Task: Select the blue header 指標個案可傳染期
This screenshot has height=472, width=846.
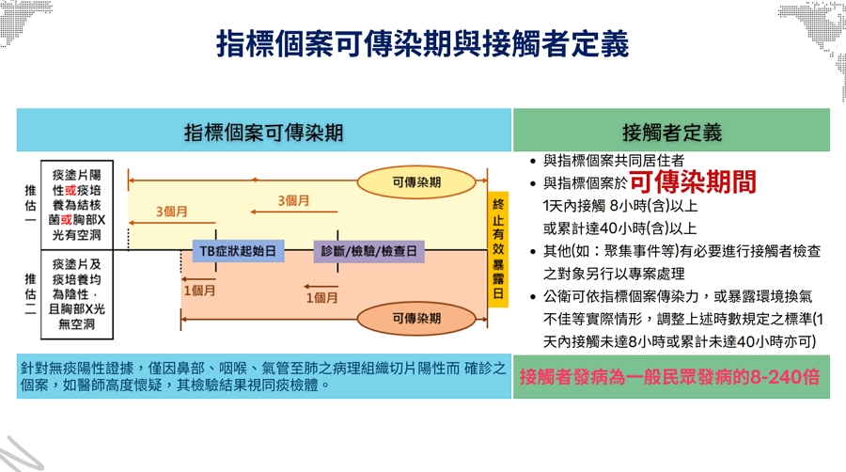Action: [263, 131]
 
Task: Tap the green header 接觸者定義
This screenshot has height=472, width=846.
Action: [671, 131]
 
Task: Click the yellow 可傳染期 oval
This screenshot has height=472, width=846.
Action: [416, 181]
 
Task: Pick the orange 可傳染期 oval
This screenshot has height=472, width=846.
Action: [416, 318]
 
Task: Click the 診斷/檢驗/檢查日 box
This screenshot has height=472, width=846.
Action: [368, 251]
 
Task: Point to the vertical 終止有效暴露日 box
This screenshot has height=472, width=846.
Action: [497, 248]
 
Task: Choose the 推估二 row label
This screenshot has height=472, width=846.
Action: [29, 293]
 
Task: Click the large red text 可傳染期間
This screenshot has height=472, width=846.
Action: [693, 182]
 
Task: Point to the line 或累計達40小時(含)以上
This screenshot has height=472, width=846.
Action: [619, 228]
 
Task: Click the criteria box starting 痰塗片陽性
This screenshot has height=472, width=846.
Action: [77, 202]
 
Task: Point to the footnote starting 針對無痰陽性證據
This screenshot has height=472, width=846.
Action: [263, 376]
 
